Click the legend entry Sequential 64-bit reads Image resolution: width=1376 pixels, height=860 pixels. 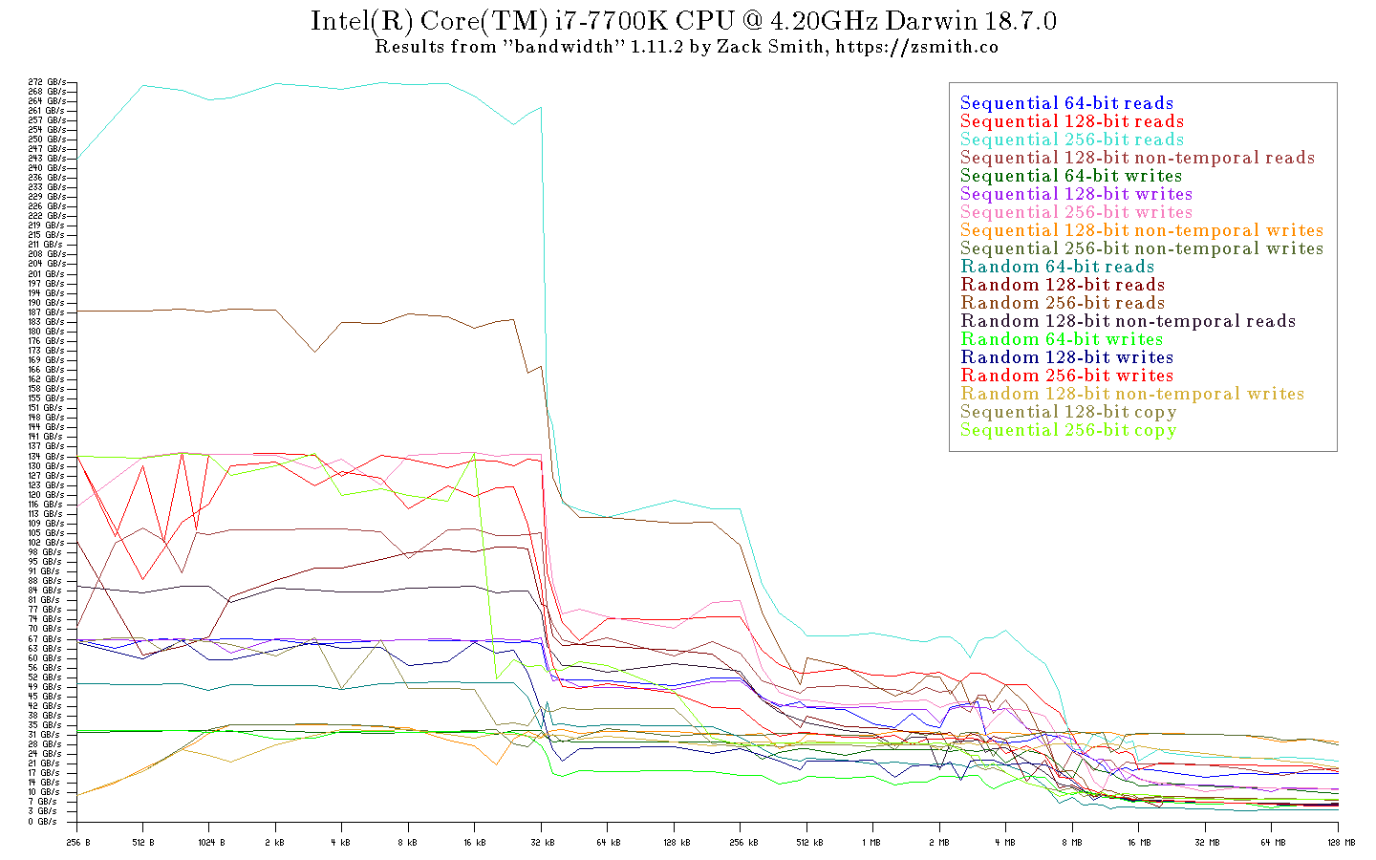point(1066,103)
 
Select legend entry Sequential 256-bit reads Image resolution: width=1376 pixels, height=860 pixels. point(1071,140)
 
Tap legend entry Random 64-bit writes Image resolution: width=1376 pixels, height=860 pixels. point(1062,339)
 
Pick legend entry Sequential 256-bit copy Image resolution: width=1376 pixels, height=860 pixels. point(1068,430)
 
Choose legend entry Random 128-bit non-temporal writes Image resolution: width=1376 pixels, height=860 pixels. point(1132,394)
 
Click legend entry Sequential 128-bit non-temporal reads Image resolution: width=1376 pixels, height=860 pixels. point(1137,158)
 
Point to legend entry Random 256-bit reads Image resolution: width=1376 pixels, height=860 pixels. point(1063,303)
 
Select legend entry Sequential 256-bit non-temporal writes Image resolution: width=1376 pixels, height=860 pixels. point(1142,248)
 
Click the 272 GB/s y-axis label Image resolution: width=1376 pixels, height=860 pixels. point(47,82)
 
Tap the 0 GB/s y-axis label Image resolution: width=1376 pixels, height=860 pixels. point(42,821)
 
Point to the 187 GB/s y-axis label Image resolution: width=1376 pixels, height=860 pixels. point(47,312)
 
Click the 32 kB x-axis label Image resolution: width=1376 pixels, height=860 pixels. point(542,843)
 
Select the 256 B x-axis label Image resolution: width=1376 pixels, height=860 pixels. point(77,843)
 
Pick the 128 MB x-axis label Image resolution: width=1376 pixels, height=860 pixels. point(1342,843)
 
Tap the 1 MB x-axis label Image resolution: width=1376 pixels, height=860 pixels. point(871,843)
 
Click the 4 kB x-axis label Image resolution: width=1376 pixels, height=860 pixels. point(341,843)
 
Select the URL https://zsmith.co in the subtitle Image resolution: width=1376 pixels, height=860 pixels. point(917,47)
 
